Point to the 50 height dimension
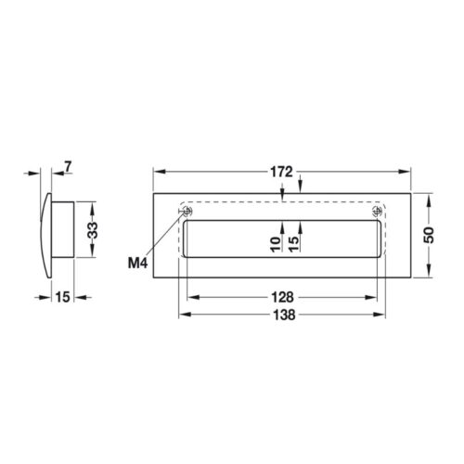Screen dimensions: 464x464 (x=429, y=236)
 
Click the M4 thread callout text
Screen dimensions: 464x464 (x=138, y=263)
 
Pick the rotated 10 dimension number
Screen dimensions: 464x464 (x=276, y=243)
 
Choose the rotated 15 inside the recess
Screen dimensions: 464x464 (x=294, y=243)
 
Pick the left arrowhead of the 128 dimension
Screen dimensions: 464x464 (x=188, y=298)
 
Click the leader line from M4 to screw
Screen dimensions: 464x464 (x=167, y=238)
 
